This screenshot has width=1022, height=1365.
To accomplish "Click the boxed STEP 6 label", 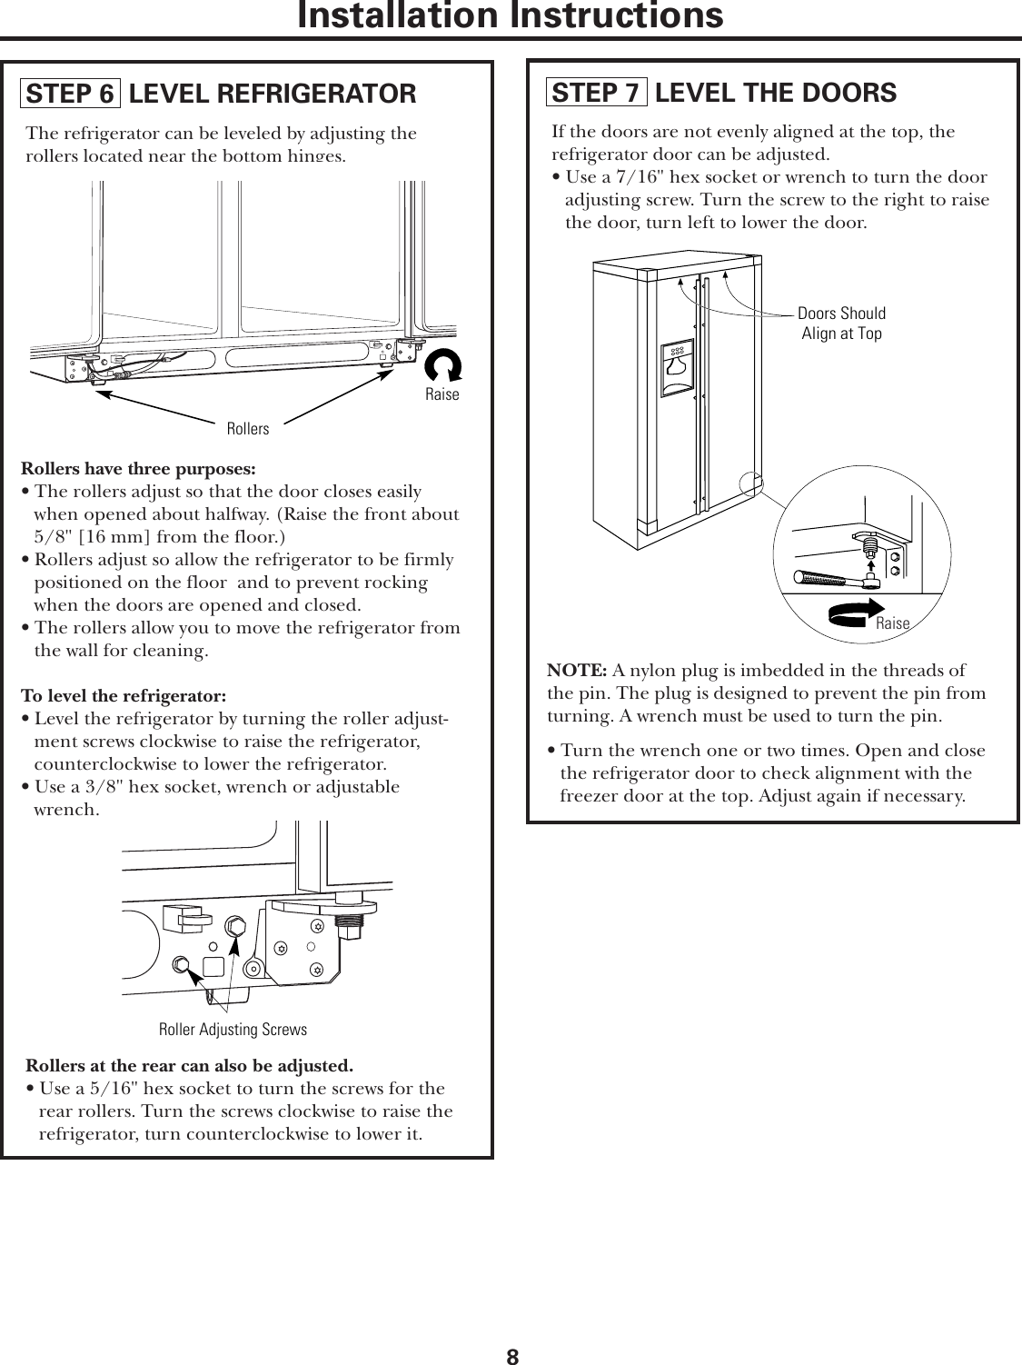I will pos(70,94).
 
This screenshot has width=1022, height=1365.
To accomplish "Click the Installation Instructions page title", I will pos(511,15).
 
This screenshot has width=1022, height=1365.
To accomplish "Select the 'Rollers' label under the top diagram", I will pos(248,429).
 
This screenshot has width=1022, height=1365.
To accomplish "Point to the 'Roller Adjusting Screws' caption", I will pos(233,1030).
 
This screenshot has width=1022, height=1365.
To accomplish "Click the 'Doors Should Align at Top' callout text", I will pos(841,324).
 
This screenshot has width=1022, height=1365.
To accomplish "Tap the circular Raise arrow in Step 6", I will pos(443,366).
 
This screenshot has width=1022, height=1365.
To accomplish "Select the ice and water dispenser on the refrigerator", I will pos(676,366).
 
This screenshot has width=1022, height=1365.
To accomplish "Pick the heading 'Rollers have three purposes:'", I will pos(138,470).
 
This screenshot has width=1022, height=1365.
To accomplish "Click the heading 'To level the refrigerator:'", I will pos(124,697).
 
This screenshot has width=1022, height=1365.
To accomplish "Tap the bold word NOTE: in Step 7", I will pos(577,671).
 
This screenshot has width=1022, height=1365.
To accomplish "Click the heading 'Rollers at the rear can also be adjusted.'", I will pos(190,1065).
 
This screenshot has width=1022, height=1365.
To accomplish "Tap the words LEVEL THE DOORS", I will pos(775,93).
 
